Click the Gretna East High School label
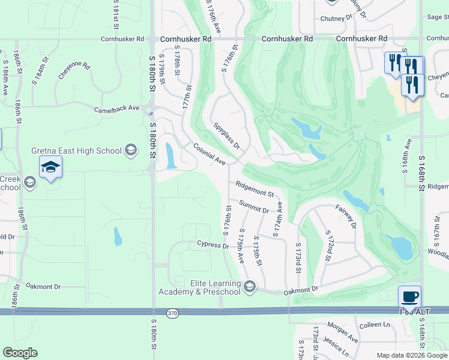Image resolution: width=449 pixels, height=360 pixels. pos(77,149)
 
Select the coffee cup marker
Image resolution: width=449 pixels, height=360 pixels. pos(409,297)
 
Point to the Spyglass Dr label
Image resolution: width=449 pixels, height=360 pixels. pos(227,137)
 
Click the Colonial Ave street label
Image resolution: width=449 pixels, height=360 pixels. pos(209,154)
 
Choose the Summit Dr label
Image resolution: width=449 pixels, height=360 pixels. pos(254,207)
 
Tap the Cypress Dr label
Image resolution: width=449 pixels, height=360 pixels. pos(213,245)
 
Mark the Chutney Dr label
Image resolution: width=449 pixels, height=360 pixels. pos(336,19)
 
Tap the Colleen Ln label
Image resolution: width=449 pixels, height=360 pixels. pos(374,325)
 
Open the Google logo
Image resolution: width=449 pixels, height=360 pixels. pos(20,353)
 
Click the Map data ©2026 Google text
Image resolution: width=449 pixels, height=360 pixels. pos(412,355)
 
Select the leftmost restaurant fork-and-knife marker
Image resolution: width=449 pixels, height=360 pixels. pos(394,63)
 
